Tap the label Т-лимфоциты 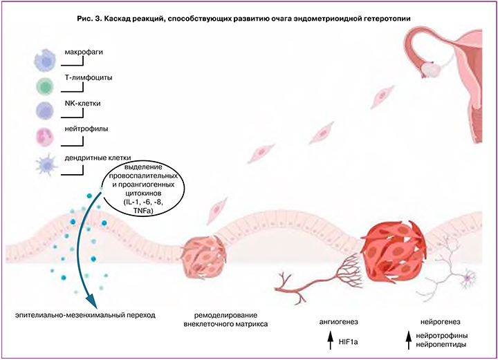(89, 77)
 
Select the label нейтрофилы (87, 129)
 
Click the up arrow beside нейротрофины (408, 337)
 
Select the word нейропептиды (441, 343)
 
